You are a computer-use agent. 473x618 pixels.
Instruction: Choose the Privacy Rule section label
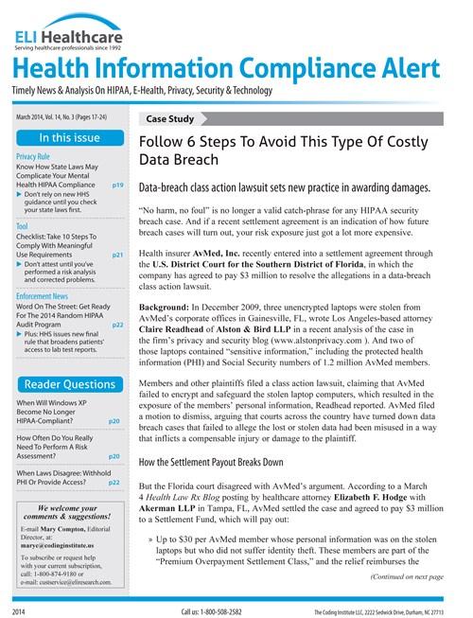(x=33, y=156)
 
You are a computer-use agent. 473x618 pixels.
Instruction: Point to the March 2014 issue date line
(x=63, y=117)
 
